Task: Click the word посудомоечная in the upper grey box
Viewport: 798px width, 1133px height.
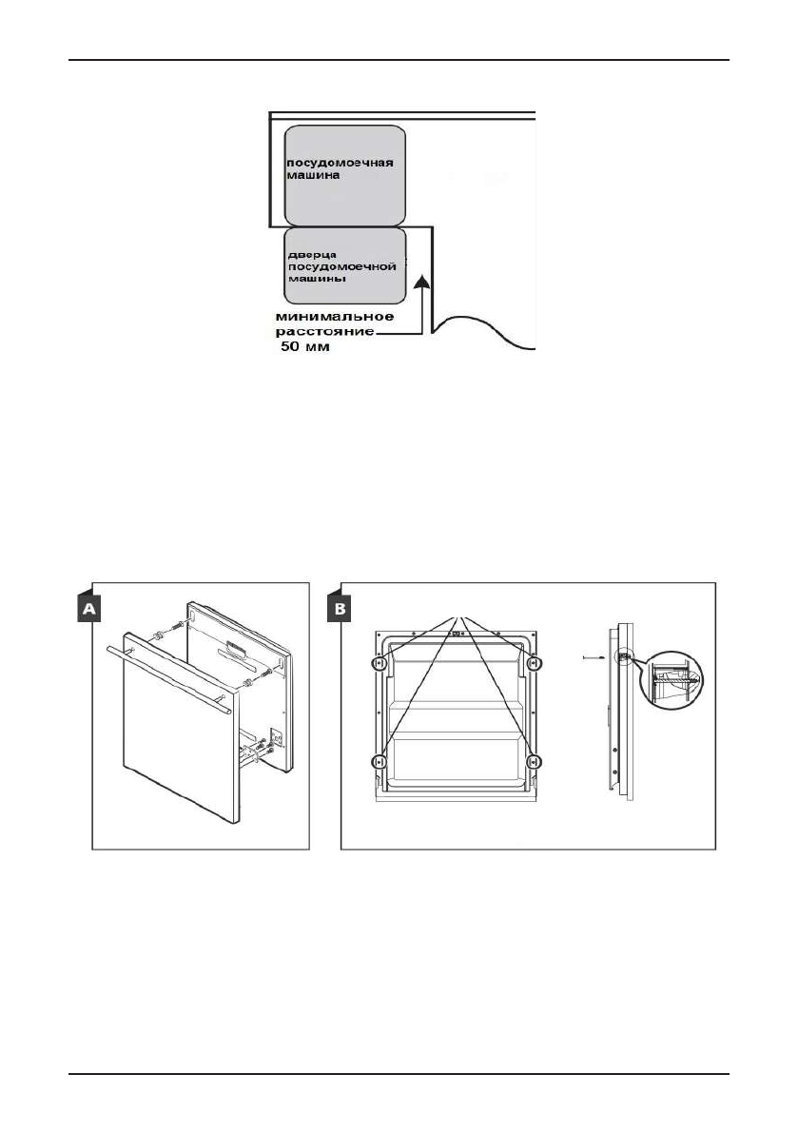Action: point(339,163)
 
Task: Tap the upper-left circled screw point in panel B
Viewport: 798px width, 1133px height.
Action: point(379,662)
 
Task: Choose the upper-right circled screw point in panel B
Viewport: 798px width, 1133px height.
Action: point(534,662)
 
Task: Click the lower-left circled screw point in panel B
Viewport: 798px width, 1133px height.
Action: point(379,761)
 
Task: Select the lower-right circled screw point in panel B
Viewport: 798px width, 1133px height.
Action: point(534,761)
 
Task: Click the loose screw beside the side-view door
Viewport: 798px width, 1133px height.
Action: point(589,656)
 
